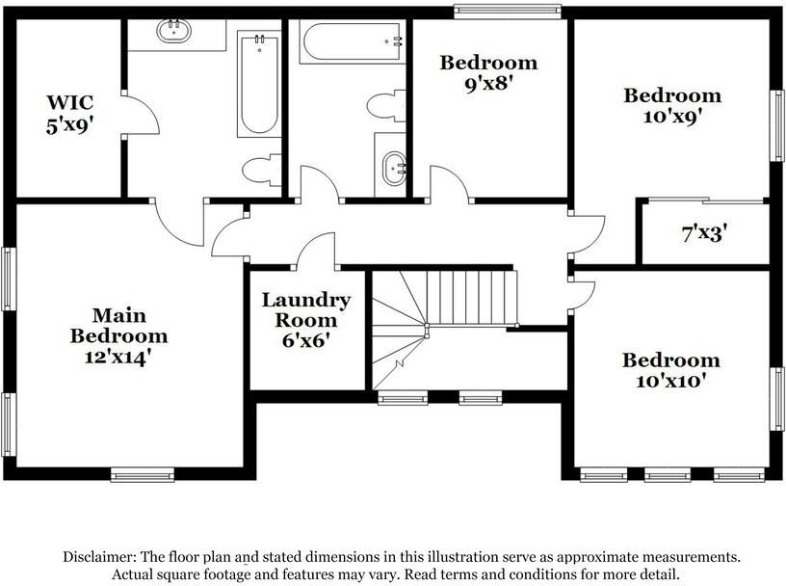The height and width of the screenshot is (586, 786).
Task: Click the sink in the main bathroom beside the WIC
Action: pyautogui.click(x=174, y=31)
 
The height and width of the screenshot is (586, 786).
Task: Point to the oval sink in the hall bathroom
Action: pyautogui.click(x=394, y=168)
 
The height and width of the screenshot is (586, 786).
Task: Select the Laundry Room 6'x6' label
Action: pyautogui.click(x=306, y=319)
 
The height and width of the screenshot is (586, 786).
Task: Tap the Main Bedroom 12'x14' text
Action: pyautogui.click(x=118, y=335)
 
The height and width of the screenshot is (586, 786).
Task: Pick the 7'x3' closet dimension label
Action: pyautogui.click(x=704, y=233)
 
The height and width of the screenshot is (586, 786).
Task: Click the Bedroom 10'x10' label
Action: pyautogui.click(x=670, y=370)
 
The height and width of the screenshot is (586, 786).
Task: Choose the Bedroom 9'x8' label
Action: pyautogui.click(x=488, y=72)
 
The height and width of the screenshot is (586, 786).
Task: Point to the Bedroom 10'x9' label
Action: pyautogui.click(x=672, y=105)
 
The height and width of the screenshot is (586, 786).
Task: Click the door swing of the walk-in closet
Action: pyautogui.click(x=142, y=115)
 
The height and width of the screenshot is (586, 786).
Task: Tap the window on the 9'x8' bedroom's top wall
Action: pyautogui.click(x=508, y=12)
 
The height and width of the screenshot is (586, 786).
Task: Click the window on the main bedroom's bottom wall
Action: pyautogui.click(x=142, y=473)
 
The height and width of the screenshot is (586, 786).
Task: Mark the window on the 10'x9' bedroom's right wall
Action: pyautogui.click(x=776, y=125)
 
